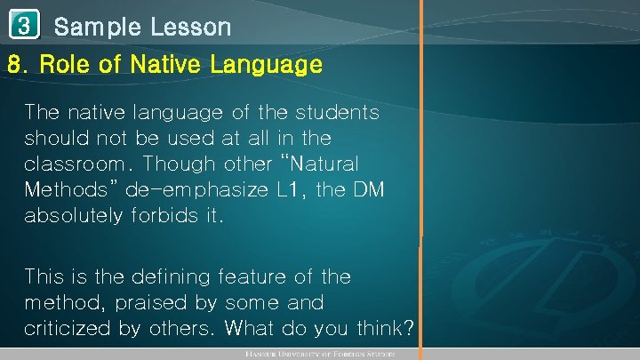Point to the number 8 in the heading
(14, 65)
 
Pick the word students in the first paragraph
(340, 113)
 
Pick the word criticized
(68, 329)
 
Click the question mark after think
(407, 328)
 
